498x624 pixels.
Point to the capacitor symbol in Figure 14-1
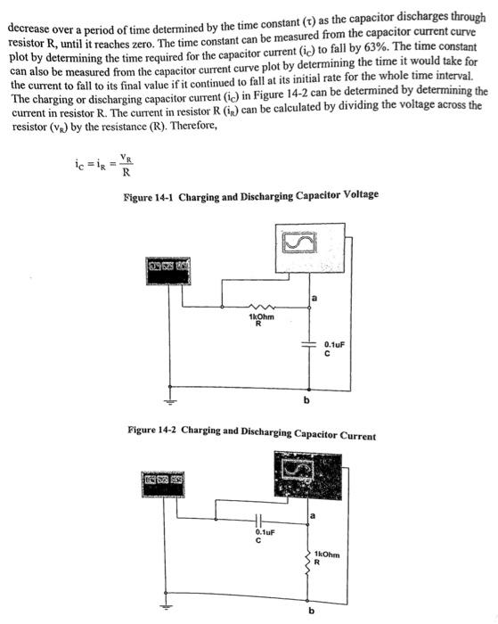[x=309, y=345]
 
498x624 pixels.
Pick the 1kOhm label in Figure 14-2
[x=328, y=554]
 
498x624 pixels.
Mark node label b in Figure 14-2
[x=311, y=611]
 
